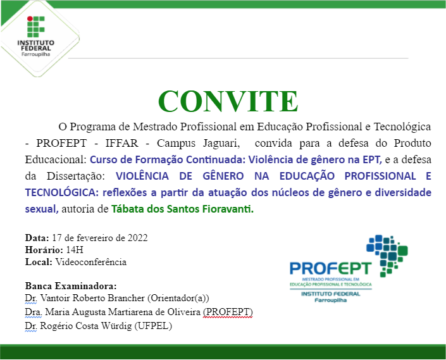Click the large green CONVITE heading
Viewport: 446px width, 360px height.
click(228, 101)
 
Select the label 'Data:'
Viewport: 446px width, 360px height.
click(37, 239)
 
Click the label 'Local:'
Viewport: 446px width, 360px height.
click(39, 261)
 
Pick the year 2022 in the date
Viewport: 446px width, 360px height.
click(137, 239)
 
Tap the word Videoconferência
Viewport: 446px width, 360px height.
click(91, 261)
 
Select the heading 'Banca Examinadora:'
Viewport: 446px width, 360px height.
click(71, 286)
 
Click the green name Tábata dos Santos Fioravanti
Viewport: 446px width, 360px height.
click(182, 209)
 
